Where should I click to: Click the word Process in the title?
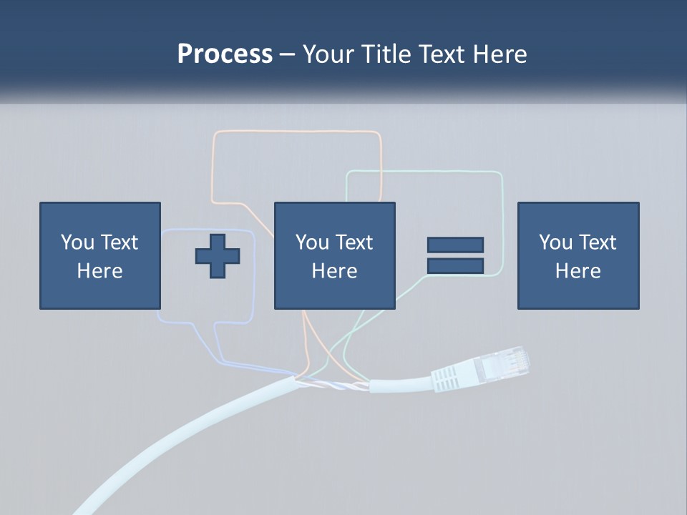tap(225, 54)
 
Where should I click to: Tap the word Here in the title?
tap(500, 54)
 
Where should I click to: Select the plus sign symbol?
tap(218, 256)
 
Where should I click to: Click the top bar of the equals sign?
tap(455, 245)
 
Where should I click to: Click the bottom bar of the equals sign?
tap(455, 265)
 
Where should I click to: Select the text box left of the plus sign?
tap(100, 256)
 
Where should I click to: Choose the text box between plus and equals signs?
tap(335, 256)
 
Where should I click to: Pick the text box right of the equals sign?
tap(578, 256)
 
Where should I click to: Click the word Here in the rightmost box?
tap(578, 271)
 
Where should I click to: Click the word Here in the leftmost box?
tap(100, 271)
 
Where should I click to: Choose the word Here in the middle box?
tap(335, 271)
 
